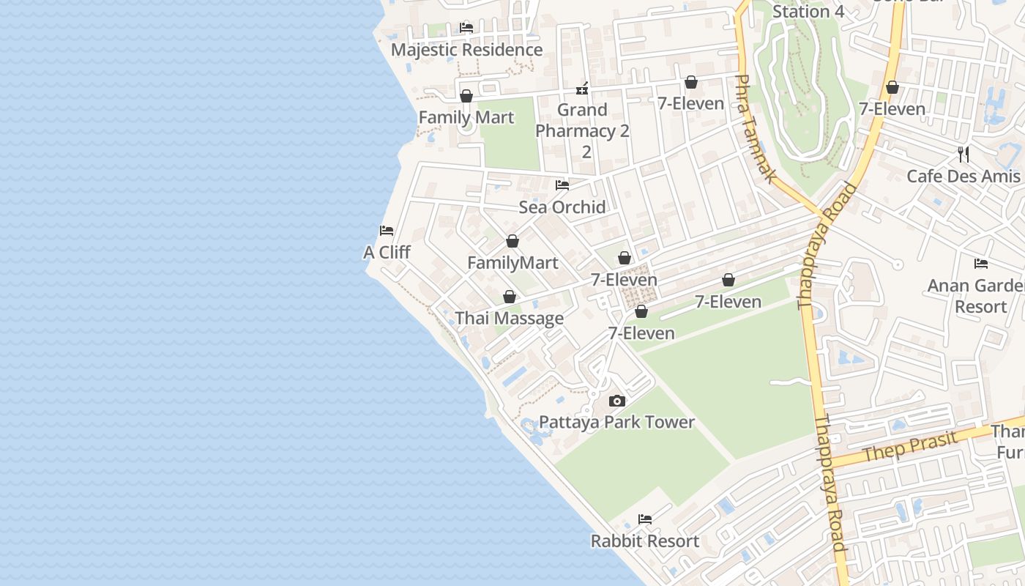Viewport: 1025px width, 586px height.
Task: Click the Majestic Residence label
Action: pyautogui.click(x=467, y=50)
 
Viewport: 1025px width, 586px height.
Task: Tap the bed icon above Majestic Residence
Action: pyautogui.click(x=466, y=28)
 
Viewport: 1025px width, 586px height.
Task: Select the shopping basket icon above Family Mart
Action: pyautogui.click(x=466, y=96)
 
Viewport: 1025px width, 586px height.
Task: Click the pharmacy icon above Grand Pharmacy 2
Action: pyautogui.click(x=582, y=89)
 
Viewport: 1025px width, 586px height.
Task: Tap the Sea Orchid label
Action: pyautogui.click(x=562, y=207)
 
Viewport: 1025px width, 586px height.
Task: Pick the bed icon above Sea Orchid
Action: pyautogui.click(x=562, y=185)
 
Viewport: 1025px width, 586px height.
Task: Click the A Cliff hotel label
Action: pyautogui.click(x=387, y=252)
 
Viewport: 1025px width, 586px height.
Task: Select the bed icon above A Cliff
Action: pyautogui.click(x=387, y=231)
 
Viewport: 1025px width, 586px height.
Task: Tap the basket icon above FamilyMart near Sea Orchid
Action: pyautogui.click(x=512, y=241)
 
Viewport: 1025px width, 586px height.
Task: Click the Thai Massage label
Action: pyautogui.click(x=510, y=318)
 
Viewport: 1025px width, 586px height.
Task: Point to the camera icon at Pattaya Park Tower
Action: pyautogui.click(x=617, y=401)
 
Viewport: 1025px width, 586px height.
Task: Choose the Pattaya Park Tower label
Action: pyautogui.click(x=616, y=422)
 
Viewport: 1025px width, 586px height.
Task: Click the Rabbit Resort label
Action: pyautogui.click(x=645, y=541)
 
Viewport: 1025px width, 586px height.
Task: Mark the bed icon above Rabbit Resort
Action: pyautogui.click(x=645, y=519)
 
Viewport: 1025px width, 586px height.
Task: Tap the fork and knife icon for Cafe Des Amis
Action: pyautogui.click(x=963, y=155)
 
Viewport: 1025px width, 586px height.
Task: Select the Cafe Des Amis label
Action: pyautogui.click(x=963, y=176)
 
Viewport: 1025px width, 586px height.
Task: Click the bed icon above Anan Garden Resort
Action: pyautogui.click(x=981, y=264)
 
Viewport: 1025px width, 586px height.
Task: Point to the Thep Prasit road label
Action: pyautogui.click(x=910, y=447)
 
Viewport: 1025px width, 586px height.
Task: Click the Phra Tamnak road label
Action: pyautogui.click(x=755, y=128)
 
